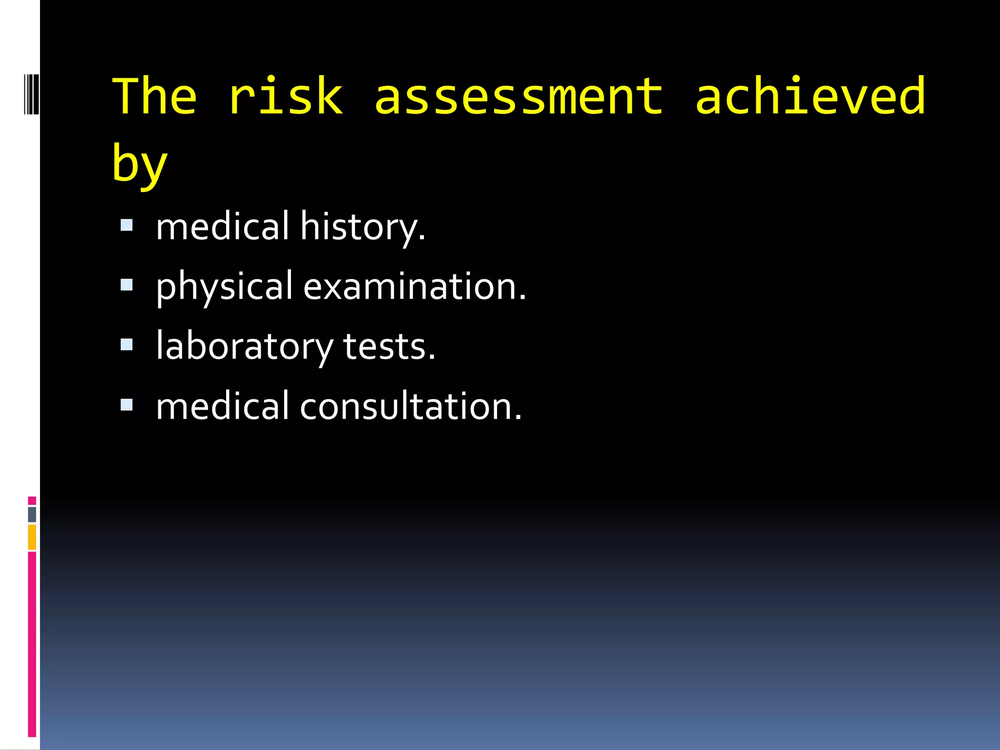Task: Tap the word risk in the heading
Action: (286, 97)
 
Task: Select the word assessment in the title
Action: (519, 97)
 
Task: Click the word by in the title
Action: (140, 164)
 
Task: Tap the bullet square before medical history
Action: (126, 225)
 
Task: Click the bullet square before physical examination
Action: (126, 285)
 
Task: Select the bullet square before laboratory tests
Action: (126, 345)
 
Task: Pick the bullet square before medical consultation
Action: (126, 404)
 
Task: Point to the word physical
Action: (224, 287)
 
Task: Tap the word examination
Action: (415, 287)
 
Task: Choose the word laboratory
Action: (244, 347)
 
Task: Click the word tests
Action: (389, 347)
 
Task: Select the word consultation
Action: (411, 407)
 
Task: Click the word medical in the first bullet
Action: (223, 227)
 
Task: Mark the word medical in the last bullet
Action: (223, 407)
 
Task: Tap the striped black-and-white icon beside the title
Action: (31, 93)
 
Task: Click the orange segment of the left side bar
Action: (32, 537)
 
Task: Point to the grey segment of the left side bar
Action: (32, 514)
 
